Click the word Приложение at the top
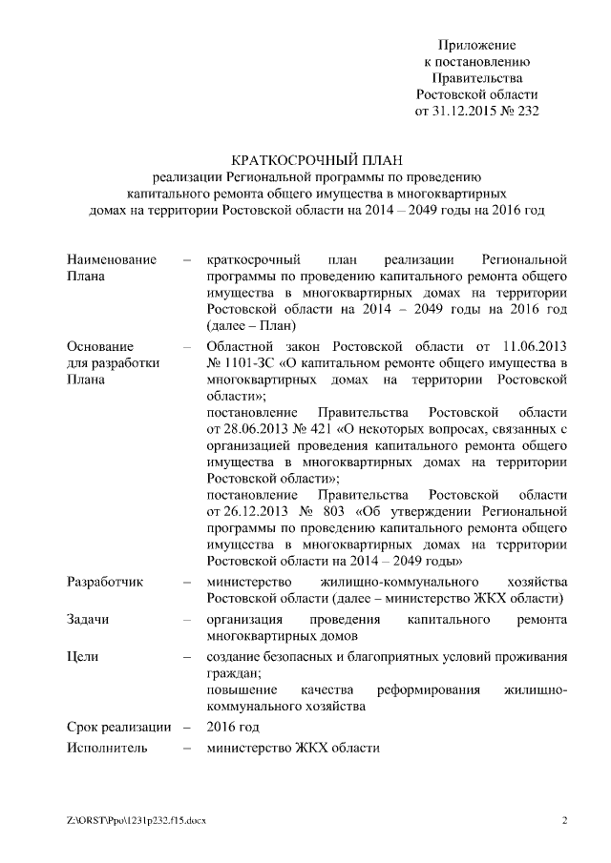[476, 45]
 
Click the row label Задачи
[88, 620]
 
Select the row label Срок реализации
[119, 727]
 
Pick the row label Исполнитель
[107, 748]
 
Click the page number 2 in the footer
[564, 820]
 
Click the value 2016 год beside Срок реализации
[232, 727]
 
